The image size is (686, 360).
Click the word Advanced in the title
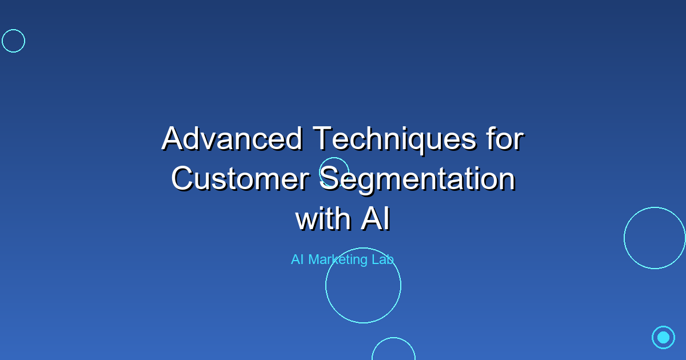point(232,139)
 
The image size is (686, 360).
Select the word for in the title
point(503,139)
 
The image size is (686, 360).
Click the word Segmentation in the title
point(417,179)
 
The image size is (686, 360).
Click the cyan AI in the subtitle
point(297,259)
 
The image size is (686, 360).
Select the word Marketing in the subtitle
point(337,259)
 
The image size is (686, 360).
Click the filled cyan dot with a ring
point(663,337)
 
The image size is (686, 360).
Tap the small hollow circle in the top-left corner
point(13,41)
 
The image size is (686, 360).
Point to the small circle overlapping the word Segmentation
point(334,171)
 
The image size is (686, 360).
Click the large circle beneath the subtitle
point(363,285)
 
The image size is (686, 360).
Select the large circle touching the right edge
point(655,238)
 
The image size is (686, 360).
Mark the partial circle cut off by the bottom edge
point(393,350)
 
